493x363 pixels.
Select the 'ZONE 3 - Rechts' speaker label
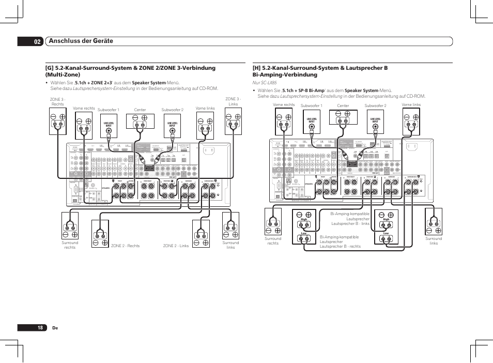(x=57, y=101)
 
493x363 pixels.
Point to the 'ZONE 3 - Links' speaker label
(x=233, y=101)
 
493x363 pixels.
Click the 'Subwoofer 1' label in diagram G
(x=109, y=110)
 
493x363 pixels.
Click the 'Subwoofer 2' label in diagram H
(x=375, y=106)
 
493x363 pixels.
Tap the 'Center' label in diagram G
(x=140, y=110)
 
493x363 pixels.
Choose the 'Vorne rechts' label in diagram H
(x=284, y=105)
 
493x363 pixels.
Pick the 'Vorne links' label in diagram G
(x=205, y=108)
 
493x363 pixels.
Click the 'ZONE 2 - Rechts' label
(x=126, y=246)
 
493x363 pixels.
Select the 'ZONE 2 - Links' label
(x=176, y=246)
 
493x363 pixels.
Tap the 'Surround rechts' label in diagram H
(x=273, y=241)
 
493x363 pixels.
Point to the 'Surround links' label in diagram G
(x=230, y=245)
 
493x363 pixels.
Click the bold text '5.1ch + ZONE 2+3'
(x=94, y=82)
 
